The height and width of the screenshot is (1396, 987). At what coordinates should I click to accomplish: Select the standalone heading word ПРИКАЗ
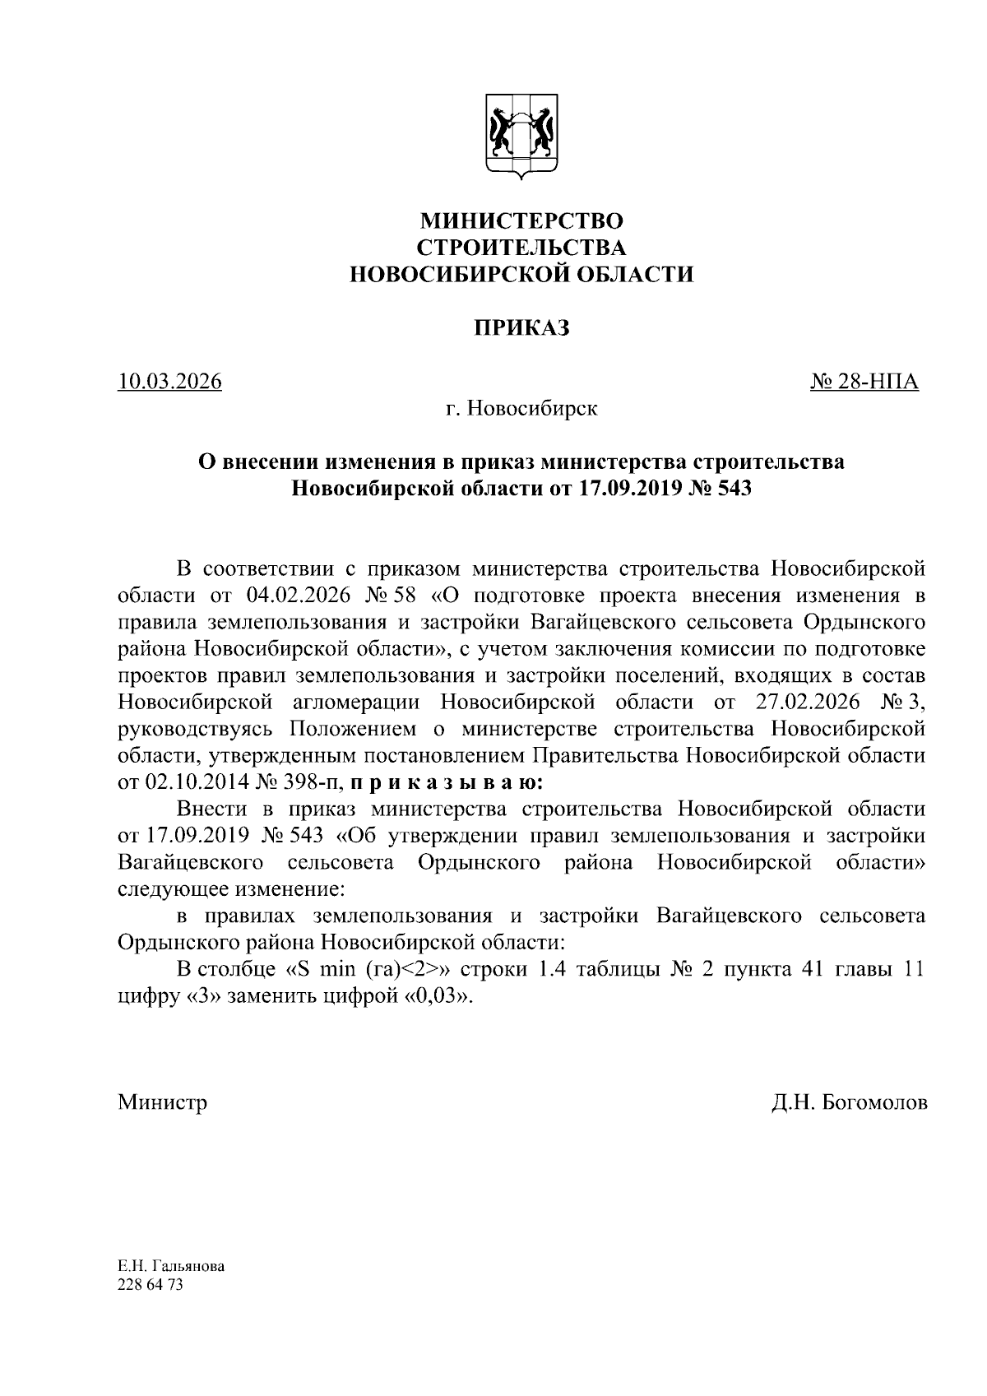coord(521,328)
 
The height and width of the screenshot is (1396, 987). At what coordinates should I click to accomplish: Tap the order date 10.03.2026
coord(169,383)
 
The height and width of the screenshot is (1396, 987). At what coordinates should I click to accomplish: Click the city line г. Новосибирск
coord(521,409)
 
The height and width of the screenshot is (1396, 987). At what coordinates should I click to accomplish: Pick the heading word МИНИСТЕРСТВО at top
coord(521,221)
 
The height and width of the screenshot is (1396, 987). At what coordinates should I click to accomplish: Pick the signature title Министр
coord(162,1102)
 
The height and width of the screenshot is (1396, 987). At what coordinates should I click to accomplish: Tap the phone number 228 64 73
coord(150,1284)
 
